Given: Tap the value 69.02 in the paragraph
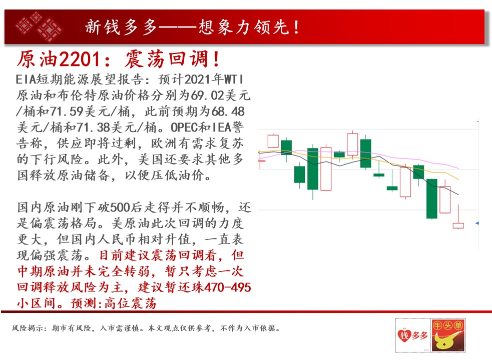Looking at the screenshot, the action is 207,95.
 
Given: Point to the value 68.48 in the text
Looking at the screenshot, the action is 228,111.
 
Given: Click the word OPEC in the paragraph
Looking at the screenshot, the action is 184,127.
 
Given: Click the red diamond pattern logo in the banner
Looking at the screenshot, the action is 39,26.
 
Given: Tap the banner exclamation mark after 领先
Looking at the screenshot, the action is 296,27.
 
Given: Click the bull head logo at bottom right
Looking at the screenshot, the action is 448,335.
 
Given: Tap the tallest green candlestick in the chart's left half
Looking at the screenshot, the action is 313,169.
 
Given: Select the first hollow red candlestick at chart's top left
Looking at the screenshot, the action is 273,141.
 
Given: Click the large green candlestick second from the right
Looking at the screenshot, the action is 432,198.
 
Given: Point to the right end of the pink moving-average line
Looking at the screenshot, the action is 458,168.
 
